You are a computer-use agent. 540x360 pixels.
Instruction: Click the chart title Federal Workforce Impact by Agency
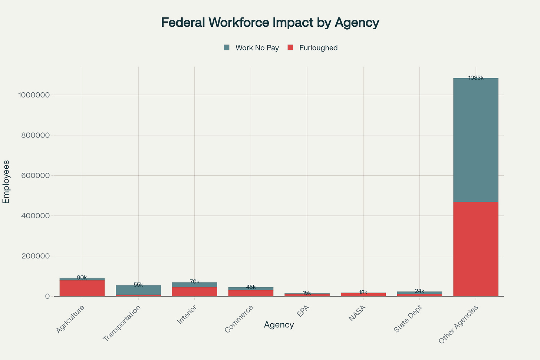(270, 23)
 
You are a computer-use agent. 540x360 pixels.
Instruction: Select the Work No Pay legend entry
(251, 48)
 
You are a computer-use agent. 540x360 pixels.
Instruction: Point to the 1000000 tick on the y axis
(34, 95)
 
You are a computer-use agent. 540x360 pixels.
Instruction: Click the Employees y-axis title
(6, 182)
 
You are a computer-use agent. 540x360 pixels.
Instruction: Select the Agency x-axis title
(279, 325)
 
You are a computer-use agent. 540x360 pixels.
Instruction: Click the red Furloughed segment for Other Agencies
(476, 249)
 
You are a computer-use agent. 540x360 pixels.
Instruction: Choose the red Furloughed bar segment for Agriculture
(82, 288)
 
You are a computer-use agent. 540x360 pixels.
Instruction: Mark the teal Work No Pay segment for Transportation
(138, 290)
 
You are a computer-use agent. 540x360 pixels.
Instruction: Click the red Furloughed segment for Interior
(195, 292)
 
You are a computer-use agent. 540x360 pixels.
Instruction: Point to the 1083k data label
(476, 78)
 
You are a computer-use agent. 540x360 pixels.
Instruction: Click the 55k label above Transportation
(138, 285)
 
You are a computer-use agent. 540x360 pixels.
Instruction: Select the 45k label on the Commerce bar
(251, 287)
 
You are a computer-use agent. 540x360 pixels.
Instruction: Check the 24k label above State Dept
(419, 291)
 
